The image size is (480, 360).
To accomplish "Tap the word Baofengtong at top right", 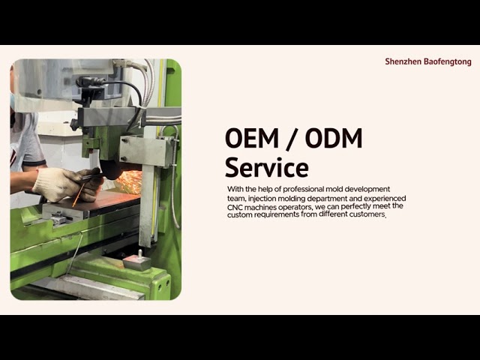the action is [x=448, y=61].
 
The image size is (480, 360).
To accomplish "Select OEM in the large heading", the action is [x=252, y=138].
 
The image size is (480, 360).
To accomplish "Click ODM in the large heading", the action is [x=334, y=138].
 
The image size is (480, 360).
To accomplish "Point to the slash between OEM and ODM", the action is [x=292, y=139].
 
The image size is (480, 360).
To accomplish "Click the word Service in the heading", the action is [x=267, y=167].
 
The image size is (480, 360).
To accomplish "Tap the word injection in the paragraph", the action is [x=262, y=198].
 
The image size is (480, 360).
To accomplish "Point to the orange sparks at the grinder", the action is [x=129, y=181].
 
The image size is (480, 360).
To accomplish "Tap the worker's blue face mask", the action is [x=12, y=101].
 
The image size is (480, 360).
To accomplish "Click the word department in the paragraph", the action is [x=327, y=198].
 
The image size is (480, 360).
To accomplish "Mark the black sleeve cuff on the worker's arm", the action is [x=34, y=163].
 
